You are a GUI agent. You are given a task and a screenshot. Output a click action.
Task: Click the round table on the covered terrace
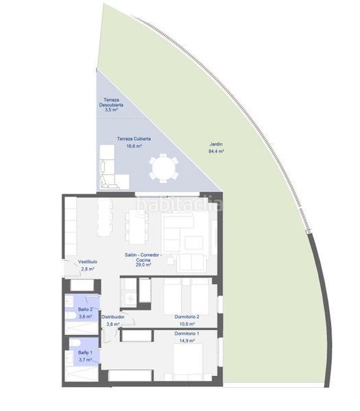[164, 167]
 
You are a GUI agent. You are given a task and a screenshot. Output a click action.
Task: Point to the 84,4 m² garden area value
[216, 152]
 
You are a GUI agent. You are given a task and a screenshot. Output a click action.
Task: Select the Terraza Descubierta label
[112, 102]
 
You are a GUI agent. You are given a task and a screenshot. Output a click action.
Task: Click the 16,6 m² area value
[134, 146]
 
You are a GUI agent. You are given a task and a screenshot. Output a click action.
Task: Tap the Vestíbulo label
[87, 262]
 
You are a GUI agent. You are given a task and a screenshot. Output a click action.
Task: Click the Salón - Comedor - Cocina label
[143, 258]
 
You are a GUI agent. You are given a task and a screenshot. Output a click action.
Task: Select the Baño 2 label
[85, 310]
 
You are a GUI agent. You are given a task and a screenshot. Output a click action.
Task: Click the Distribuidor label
[113, 317]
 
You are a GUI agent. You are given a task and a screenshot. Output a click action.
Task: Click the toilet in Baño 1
[74, 344]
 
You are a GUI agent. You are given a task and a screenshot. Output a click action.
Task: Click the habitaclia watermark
[180, 203]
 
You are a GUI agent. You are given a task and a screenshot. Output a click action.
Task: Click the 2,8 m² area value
[87, 269]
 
